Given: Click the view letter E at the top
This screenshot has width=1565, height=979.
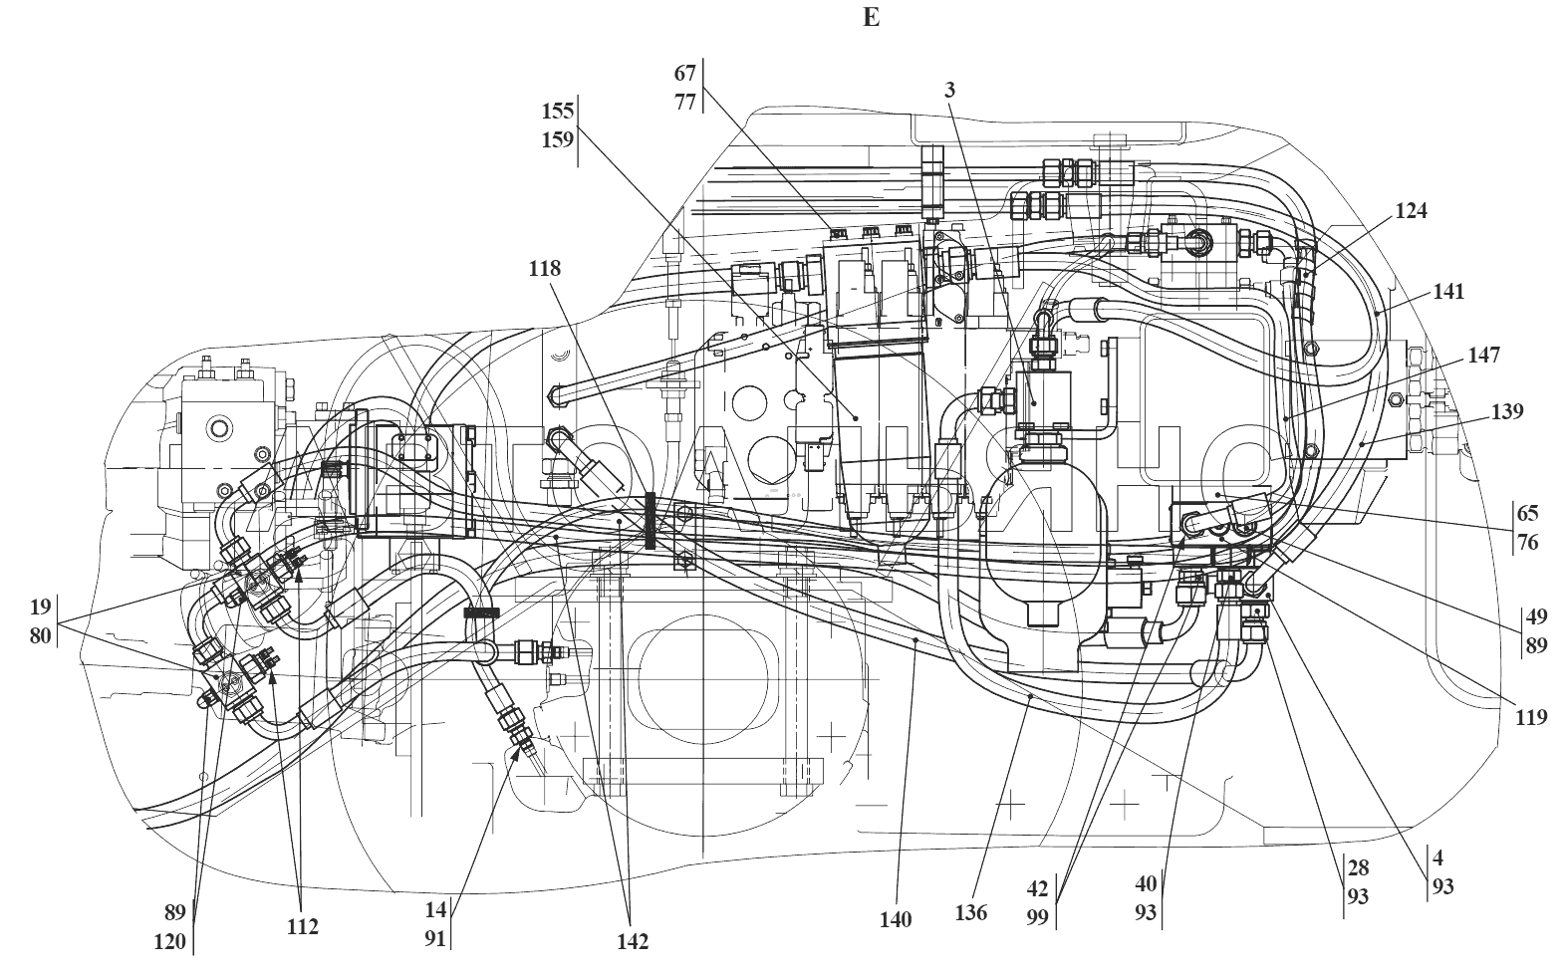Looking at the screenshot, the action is coord(871,17).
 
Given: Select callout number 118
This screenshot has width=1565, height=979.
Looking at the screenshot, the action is coord(544,268).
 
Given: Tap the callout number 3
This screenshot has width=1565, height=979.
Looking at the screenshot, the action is coord(949,90).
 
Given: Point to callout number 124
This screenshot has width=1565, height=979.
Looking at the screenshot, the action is coord(1411,211).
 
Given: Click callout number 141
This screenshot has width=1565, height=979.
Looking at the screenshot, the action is coord(1448,291).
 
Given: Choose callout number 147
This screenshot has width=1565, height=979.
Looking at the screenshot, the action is coord(1483,356).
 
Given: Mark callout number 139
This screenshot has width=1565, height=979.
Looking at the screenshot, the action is coord(1507,411).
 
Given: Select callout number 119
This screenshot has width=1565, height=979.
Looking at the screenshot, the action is coord(1531,717).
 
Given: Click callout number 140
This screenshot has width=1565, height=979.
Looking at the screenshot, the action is coord(896,919).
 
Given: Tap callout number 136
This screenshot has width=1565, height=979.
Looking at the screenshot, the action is coord(971,912).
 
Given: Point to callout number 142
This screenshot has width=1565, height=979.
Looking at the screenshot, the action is coord(633,942).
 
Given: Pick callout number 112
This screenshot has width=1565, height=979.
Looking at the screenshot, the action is coord(303,926).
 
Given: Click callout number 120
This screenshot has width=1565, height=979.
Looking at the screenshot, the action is coord(169,942).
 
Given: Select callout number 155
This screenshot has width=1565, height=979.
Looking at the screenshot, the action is coord(558,111).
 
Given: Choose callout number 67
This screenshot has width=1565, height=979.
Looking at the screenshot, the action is coord(684,74).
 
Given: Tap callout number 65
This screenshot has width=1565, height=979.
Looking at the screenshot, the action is coord(1527,513).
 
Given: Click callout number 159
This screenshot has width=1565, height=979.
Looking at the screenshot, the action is coord(558,140).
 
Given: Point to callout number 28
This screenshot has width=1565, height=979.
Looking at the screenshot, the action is coord(1358,868).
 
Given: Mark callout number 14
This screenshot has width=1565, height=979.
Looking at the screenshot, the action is coord(435,910).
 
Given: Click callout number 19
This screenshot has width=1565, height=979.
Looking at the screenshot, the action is coord(41,607).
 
